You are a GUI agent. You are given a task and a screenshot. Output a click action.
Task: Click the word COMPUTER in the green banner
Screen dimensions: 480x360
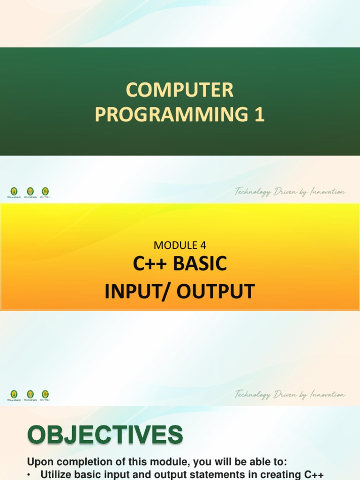[180, 90]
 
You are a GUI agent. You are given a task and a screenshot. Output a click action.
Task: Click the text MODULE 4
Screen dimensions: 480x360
[180, 245]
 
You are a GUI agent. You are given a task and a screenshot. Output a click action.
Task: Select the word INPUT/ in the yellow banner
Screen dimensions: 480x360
[132, 292]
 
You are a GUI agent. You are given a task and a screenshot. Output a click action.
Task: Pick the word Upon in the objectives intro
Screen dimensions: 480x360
[38, 463]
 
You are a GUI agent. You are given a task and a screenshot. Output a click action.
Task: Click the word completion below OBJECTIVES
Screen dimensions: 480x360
[77, 463]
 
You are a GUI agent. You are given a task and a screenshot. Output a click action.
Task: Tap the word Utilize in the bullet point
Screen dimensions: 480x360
[56, 474]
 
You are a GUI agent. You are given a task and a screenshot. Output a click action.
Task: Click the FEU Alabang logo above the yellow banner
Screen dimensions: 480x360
[14, 192]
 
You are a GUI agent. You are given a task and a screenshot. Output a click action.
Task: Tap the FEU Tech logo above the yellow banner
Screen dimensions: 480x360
[45, 192]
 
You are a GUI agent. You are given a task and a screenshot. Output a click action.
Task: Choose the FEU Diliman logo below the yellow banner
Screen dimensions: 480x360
[30, 395]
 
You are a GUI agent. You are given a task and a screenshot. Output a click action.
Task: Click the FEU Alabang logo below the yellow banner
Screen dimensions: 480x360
[14, 395]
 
